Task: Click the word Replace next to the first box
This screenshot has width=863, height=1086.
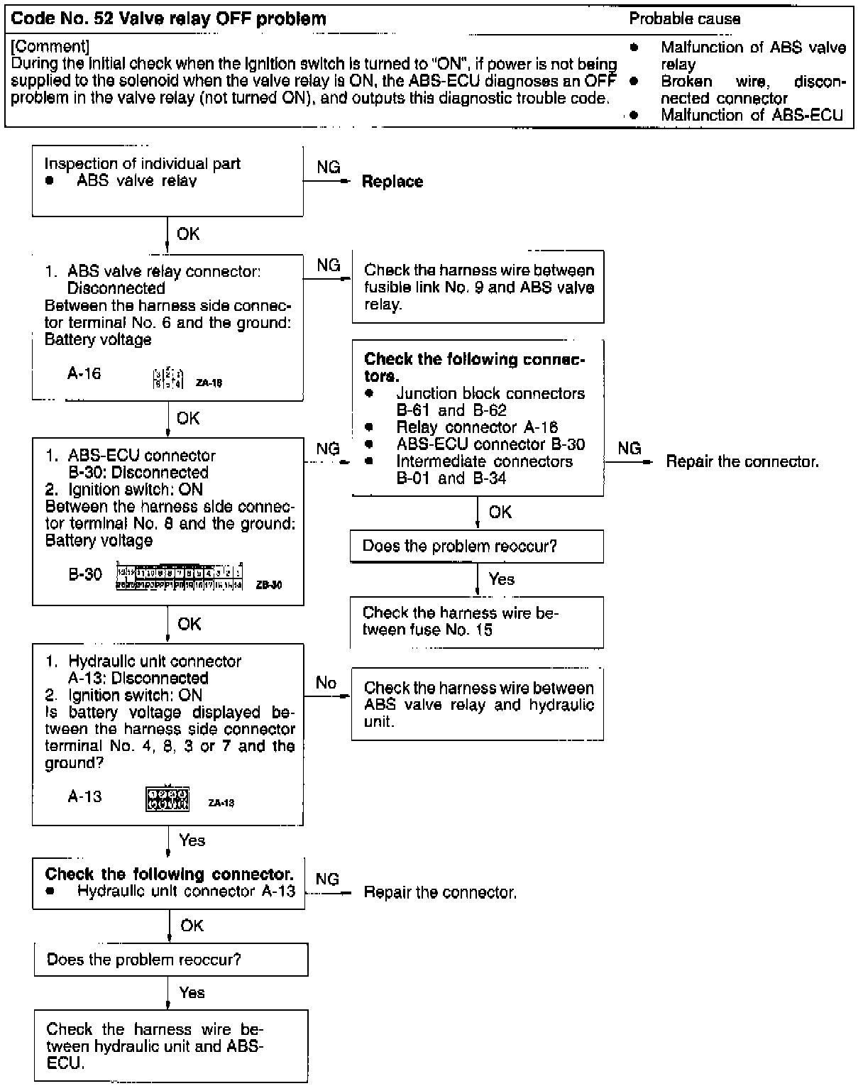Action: tap(392, 182)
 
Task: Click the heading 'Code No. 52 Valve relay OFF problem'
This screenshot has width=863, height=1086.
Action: tap(169, 19)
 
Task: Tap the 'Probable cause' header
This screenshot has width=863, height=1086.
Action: tap(684, 19)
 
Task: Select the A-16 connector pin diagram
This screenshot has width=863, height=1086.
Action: tap(168, 377)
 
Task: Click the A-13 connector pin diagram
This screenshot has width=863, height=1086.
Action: tap(167, 799)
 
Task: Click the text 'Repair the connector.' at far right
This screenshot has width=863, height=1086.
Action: tap(742, 462)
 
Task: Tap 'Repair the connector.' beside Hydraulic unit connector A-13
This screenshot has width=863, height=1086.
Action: tap(440, 892)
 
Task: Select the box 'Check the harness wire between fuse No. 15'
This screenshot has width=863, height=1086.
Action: tap(477, 622)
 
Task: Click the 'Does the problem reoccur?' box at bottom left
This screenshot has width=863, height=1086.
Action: tap(171, 960)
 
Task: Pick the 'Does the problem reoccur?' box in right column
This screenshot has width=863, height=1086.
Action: tap(477, 547)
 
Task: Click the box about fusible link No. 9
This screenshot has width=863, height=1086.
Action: tap(478, 287)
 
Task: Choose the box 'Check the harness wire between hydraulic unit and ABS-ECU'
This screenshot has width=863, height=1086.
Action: tap(171, 1046)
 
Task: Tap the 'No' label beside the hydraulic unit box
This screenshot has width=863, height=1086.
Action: tap(326, 683)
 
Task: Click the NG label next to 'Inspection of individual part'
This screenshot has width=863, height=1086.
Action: tap(328, 168)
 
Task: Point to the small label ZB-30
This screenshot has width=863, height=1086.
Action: tap(269, 586)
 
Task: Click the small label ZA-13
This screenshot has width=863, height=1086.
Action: tap(221, 803)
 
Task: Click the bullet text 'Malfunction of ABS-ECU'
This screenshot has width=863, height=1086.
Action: tap(752, 115)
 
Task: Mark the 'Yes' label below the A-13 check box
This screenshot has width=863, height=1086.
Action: tap(192, 840)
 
